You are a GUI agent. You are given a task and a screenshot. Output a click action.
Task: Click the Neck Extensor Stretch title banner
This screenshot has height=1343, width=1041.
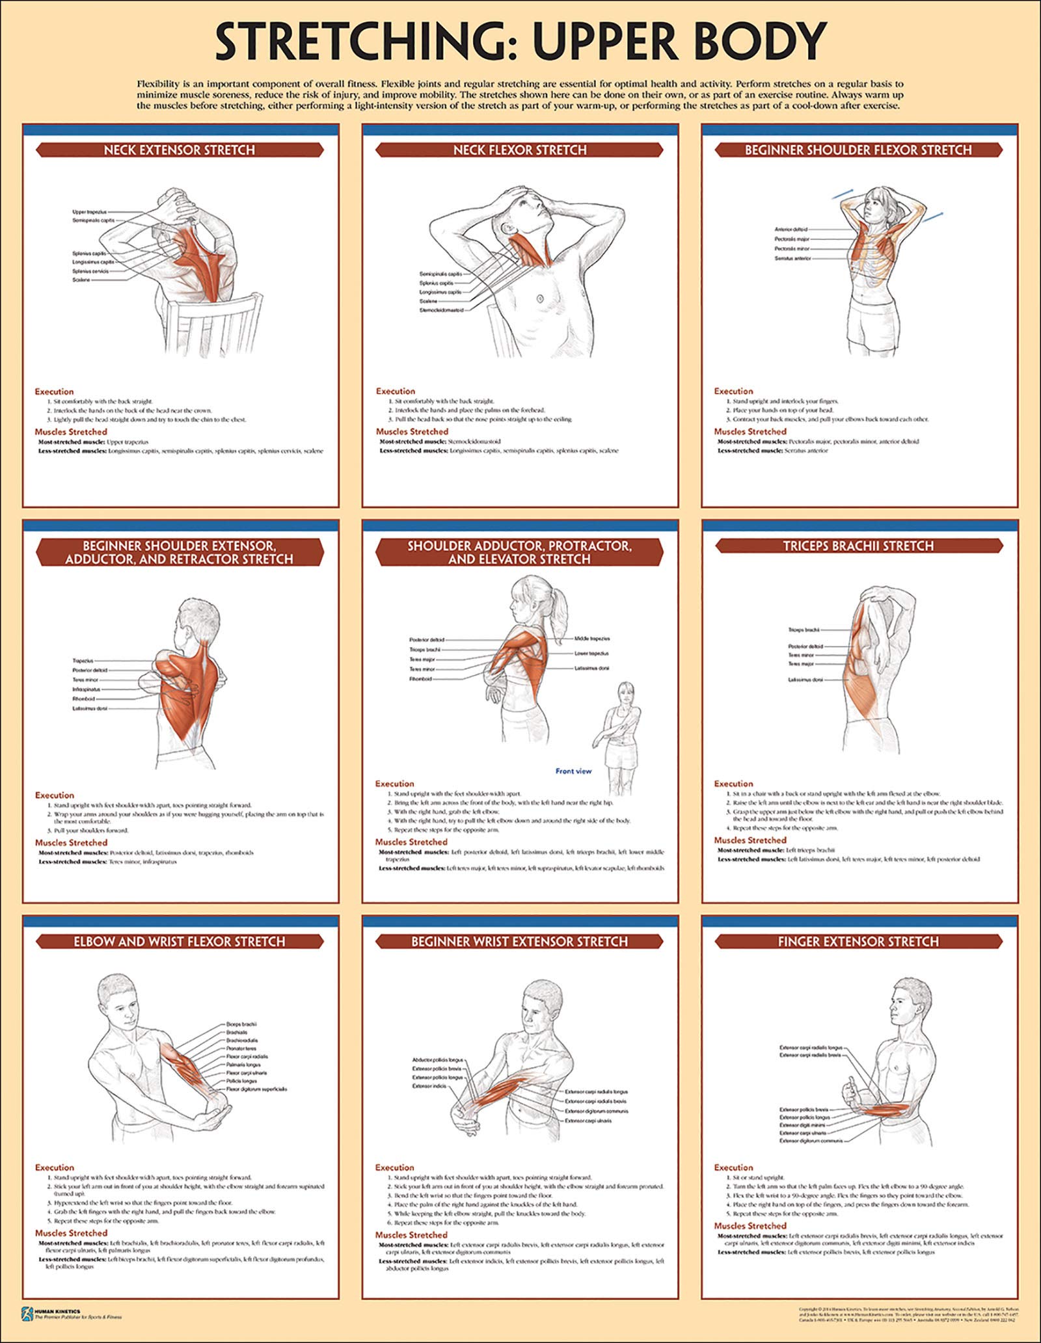coord(179,150)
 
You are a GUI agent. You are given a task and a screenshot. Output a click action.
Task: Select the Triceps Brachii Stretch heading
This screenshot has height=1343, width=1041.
coord(858,546)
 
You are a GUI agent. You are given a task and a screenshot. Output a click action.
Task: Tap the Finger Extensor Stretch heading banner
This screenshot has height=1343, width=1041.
coord(858,942)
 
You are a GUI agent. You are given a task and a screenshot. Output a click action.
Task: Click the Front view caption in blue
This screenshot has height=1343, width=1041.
coord(573,771)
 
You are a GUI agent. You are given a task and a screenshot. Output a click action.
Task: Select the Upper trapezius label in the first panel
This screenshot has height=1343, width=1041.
coord(90,212)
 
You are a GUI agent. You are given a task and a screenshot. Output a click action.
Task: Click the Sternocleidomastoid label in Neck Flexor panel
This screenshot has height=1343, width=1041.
coord(442,310)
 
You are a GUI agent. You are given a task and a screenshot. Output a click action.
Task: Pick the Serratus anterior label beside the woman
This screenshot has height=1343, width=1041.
coord(792,259)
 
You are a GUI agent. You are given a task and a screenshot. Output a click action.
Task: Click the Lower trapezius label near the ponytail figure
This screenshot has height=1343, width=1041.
coord(591,653)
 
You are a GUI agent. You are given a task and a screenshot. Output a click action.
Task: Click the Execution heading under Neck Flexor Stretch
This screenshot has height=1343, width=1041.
coord(395,392)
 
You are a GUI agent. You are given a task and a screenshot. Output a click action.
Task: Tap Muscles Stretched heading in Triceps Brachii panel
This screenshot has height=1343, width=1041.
coord(750,840)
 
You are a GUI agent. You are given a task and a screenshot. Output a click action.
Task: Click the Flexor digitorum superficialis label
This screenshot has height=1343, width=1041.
coord(256,1089)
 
